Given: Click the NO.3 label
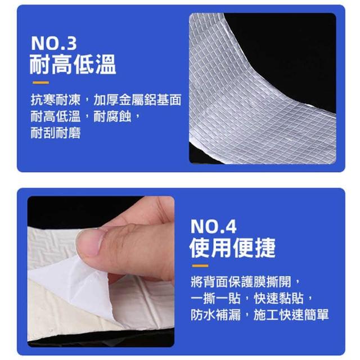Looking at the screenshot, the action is pyautogui.click(x=54, y=43).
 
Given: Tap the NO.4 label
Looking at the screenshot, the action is pyautogui.click(x=213, y=226).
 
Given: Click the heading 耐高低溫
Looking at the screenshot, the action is pyautogui.click(x=73, y=64).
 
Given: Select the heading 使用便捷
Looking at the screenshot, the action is pyautogui.click(x=232, y=247).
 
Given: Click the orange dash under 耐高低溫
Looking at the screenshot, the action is pyautogui.click(x=40, y=83).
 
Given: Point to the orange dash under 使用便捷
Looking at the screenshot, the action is pyautogui.click(x=200, y=266).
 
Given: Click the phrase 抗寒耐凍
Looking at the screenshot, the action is pyautogui.click(x=56, y=100).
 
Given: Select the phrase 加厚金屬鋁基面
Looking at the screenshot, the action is pyautogui.click(x=137, y=100).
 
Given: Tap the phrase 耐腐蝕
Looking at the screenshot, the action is pyautogui.click(x=112, y=116).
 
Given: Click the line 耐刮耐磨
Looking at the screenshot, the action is pyautogui.click(x=56, y=133).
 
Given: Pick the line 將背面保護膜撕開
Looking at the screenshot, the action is pyautogui.click(x=241, y=282).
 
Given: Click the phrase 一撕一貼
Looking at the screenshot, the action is pyautogui.click(x=215, y=298).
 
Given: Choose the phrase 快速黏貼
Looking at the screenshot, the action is pyautogui.click(x=279, y=298).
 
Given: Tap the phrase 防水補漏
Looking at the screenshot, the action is pyautogui.click(x=215, y=315).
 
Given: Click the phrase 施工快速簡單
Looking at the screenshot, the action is pyautogui.click(x=291, y=315).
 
